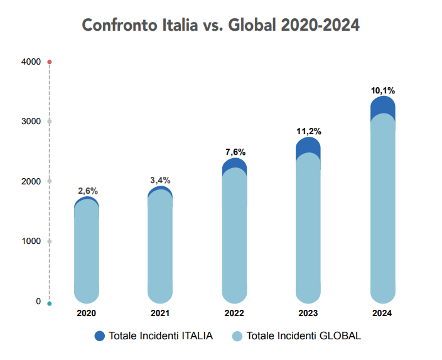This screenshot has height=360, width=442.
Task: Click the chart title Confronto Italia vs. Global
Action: (221, 25)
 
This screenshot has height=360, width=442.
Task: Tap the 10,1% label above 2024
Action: (382, 90)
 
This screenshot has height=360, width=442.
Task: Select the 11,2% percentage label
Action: (308, 131)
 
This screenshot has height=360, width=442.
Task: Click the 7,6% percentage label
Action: (235, 152)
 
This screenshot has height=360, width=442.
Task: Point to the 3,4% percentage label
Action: (160, 180)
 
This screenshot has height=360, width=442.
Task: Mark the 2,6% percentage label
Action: (87, 191)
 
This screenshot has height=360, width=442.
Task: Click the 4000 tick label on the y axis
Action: (31, 61)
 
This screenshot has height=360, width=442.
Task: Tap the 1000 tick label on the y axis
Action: (31, 241)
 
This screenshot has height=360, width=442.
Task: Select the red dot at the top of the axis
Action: (50, 62)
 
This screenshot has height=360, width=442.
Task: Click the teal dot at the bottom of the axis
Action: (50, 304)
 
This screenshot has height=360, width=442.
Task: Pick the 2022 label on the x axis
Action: (234, 313)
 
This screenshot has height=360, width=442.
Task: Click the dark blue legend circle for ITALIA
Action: (100, 336)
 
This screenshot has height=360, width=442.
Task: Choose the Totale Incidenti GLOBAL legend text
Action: (304, 336)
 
